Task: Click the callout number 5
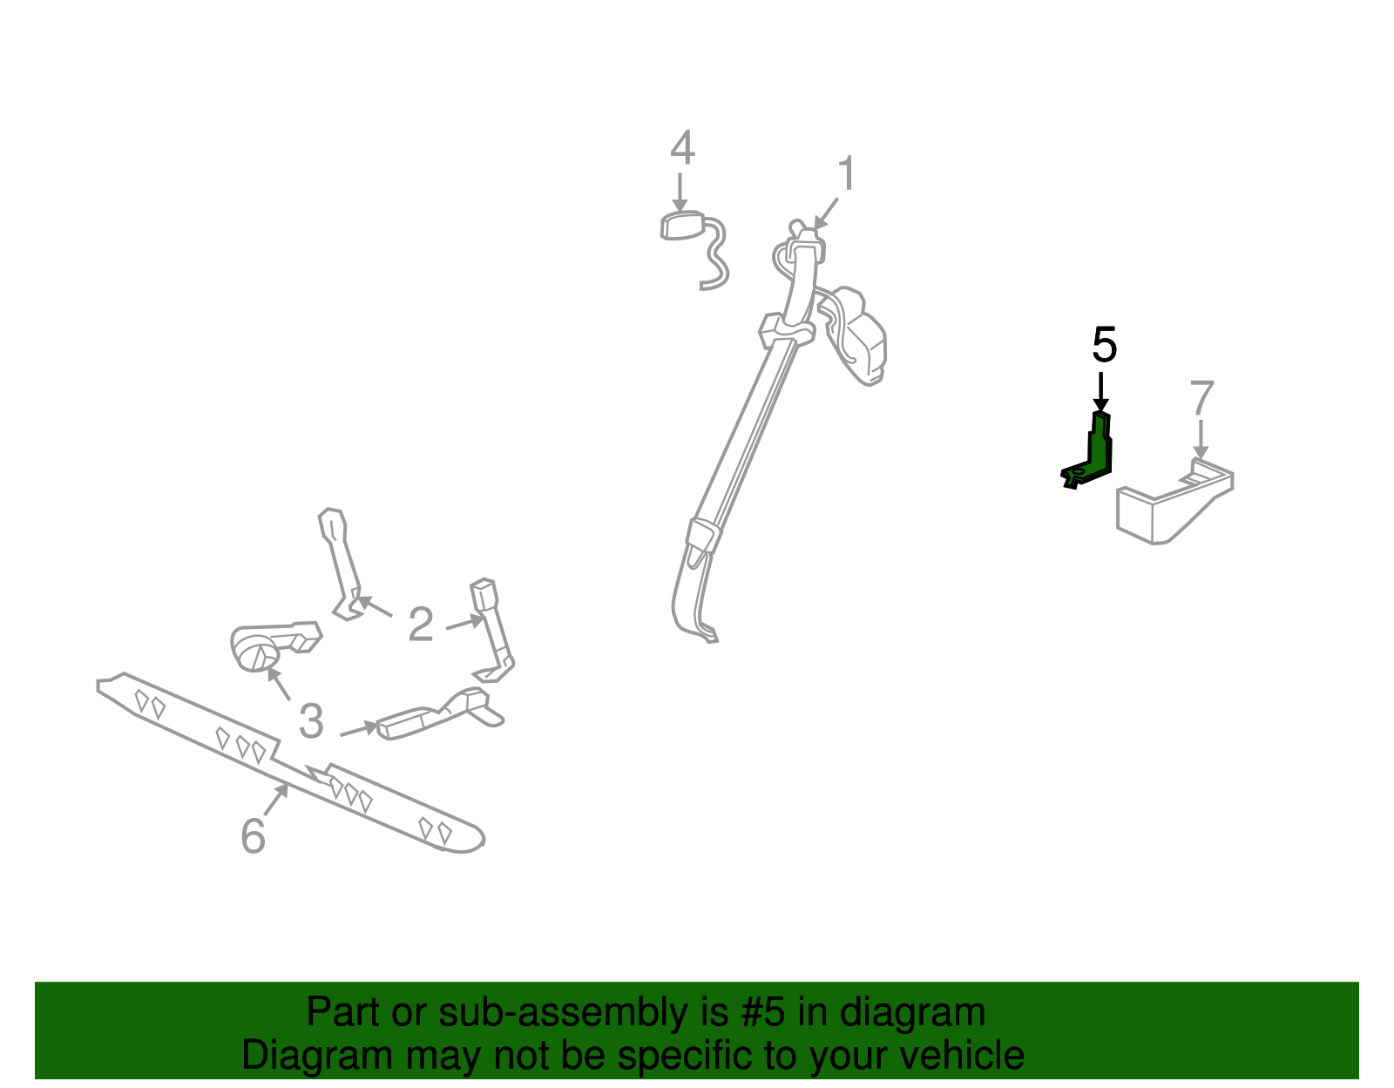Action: click(x=1104, y=345)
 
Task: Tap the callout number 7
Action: click(x=1201, y=397)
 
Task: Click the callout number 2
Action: click(x=421, y=624)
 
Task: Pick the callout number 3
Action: click(x=311, y=721)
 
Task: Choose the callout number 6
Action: click(x=253, y=836)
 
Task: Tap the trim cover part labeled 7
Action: click(x=1174, y=502)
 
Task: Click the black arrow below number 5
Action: click(x=1101, y=392)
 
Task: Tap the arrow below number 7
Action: click(x=1201, y=439)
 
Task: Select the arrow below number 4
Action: click(x=680, y=192)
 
